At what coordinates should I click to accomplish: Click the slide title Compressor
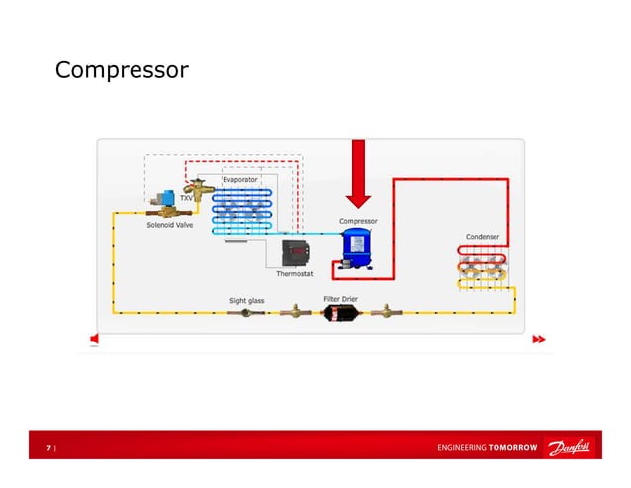122,71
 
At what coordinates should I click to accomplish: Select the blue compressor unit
356,247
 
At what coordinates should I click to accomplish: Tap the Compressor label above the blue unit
358,221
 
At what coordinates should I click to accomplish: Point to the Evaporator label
240,180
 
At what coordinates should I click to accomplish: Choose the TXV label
186,198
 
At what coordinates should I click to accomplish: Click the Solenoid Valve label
170,225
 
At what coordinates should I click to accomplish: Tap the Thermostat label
295,274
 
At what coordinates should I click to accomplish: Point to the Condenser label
482,237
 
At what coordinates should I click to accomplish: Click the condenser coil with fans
483,267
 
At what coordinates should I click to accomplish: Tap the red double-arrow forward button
538,340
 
